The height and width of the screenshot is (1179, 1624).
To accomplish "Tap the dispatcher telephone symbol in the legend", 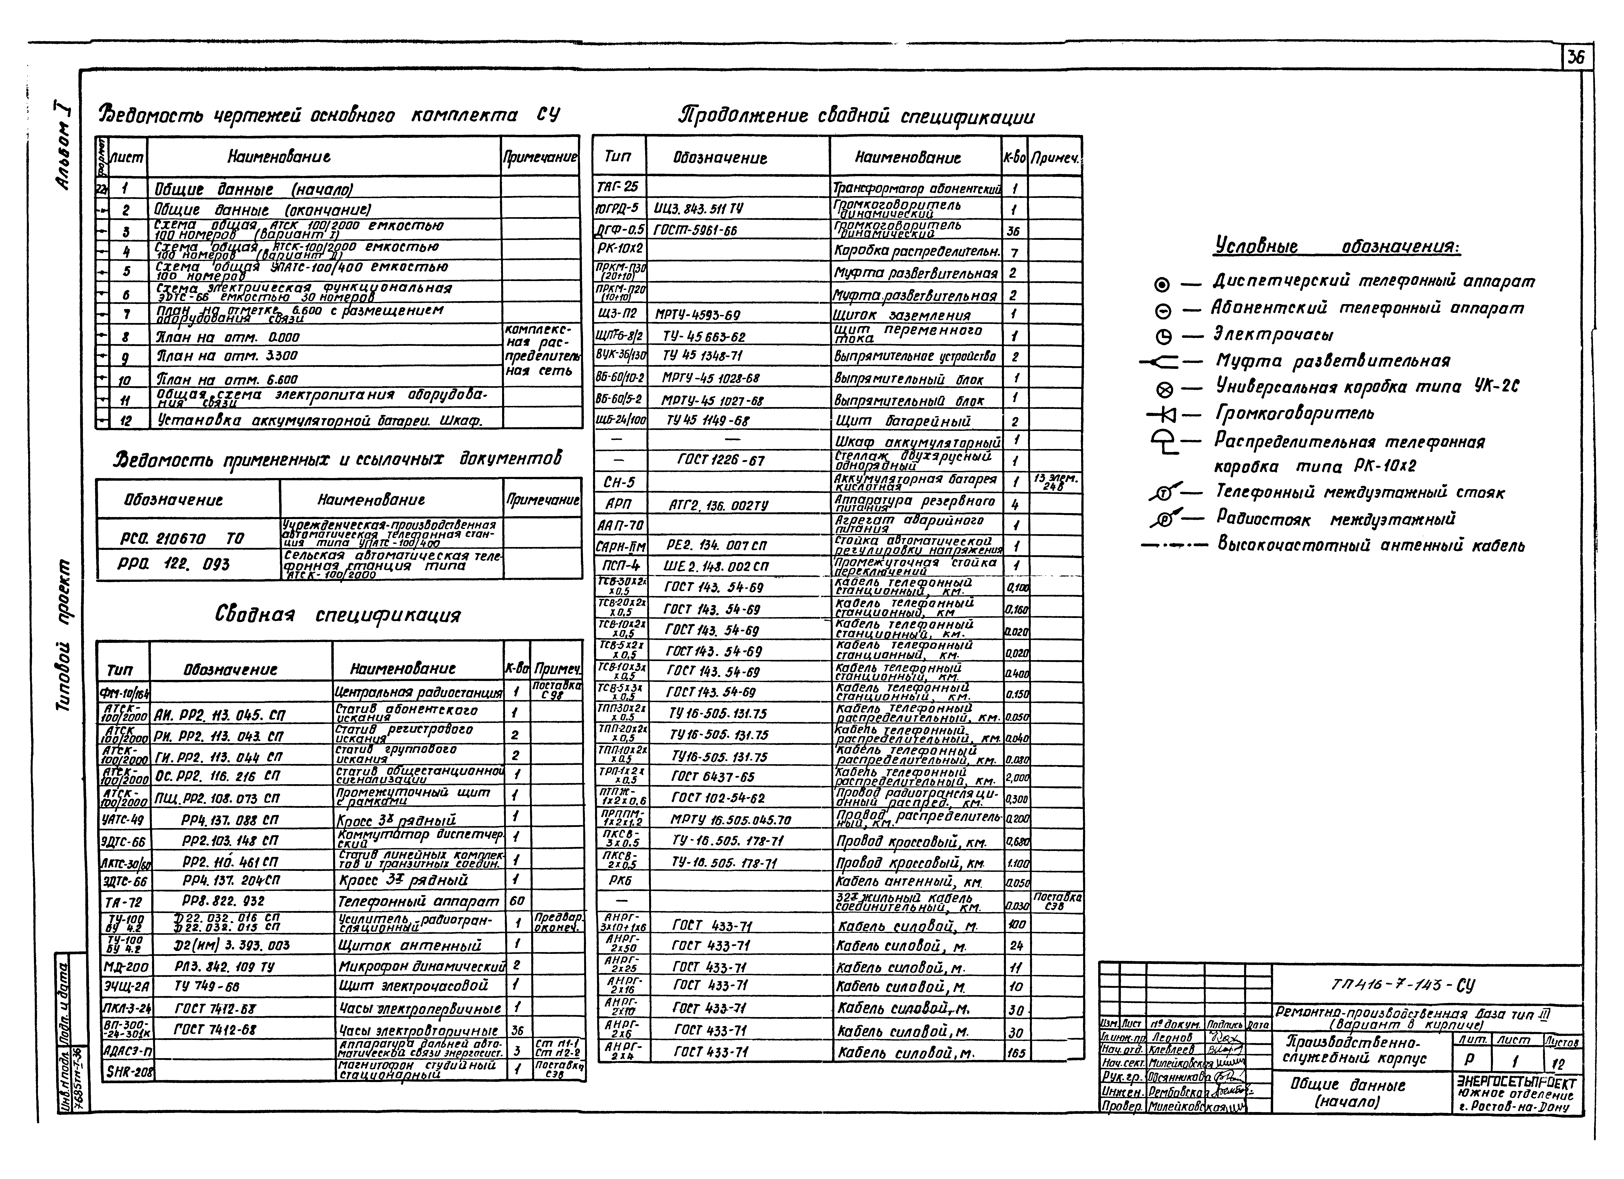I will tap(1161, 285).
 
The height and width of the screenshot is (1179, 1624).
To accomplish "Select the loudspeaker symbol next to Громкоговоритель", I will tap(1164, 414).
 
